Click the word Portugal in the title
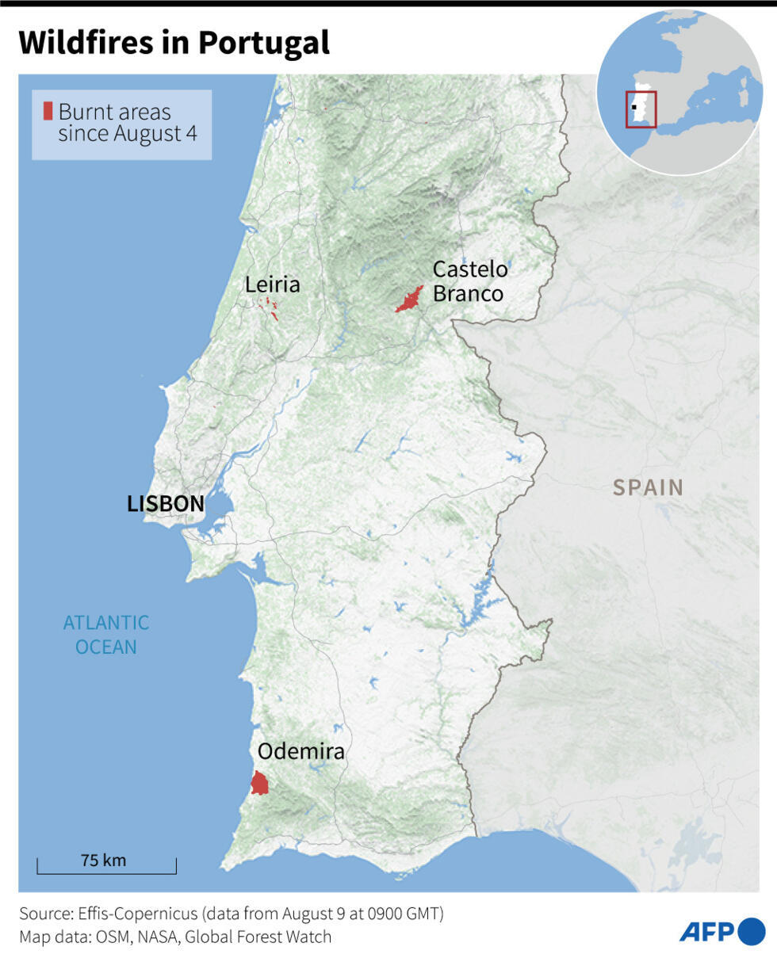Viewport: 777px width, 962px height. pyautogui.click(x=264, y=43)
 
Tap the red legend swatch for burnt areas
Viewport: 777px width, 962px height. pyautogui.click(x=48, y=112)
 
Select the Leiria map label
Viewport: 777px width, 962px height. pyautogui.click(x=272, y=284)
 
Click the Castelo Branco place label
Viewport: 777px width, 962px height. pyautogui.click(x=469, y=281)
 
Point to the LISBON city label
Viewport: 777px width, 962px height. pyautogui.click(x=166, y=503)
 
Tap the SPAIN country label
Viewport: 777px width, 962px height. pyautogui.click(x=648, y=487)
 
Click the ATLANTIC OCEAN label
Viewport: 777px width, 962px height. pyautogui.click(x=105, y=635)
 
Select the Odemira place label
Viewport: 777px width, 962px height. pyautogui.click(x=301, y=751)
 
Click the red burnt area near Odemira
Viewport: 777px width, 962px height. pyautogui.click(x=259, y=784)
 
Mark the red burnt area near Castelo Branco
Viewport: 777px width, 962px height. pyautogui.click(x=410, y=300)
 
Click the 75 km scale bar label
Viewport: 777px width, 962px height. pyautogui.click(x=103, y=860)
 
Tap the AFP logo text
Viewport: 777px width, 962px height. pyautogui.click(x=706, y=933)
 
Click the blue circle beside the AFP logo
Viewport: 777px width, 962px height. pyautogui.click(x=751, y=932)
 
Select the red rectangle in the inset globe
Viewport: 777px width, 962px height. pyautogui.click(x=641, y=109)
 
